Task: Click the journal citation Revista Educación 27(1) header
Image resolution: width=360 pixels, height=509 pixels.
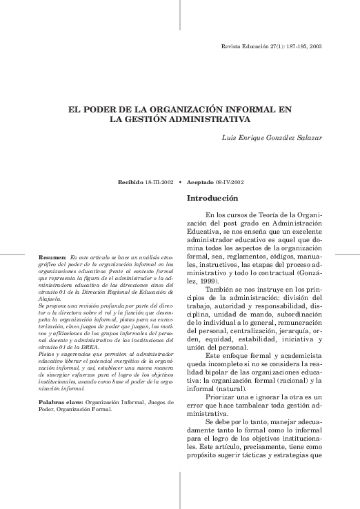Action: click(x=270, y=47)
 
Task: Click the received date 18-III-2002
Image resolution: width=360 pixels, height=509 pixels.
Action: click(x=158, y=183)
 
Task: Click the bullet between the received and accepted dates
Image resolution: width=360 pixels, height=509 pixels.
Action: click(x=179, y=183)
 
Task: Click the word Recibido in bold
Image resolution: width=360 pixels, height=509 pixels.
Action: click(x=132, y=183)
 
